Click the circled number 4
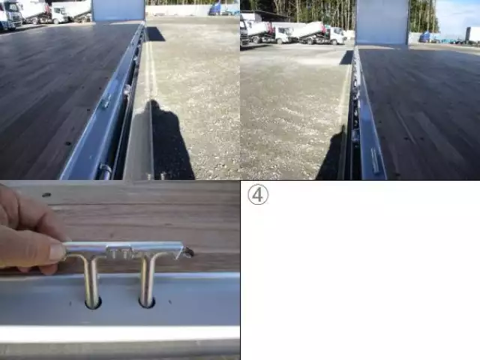point(258,194)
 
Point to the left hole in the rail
point(93,303)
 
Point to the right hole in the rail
point(147,302)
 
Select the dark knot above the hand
point(46,195)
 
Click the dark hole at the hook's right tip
point(190,253)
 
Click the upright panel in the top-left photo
point(118,10)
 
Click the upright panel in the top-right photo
point(382,23)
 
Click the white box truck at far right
point(473,34)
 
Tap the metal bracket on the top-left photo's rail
point(106,100)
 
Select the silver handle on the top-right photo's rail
point(375,160)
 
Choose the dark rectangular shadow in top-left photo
point(155,34)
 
